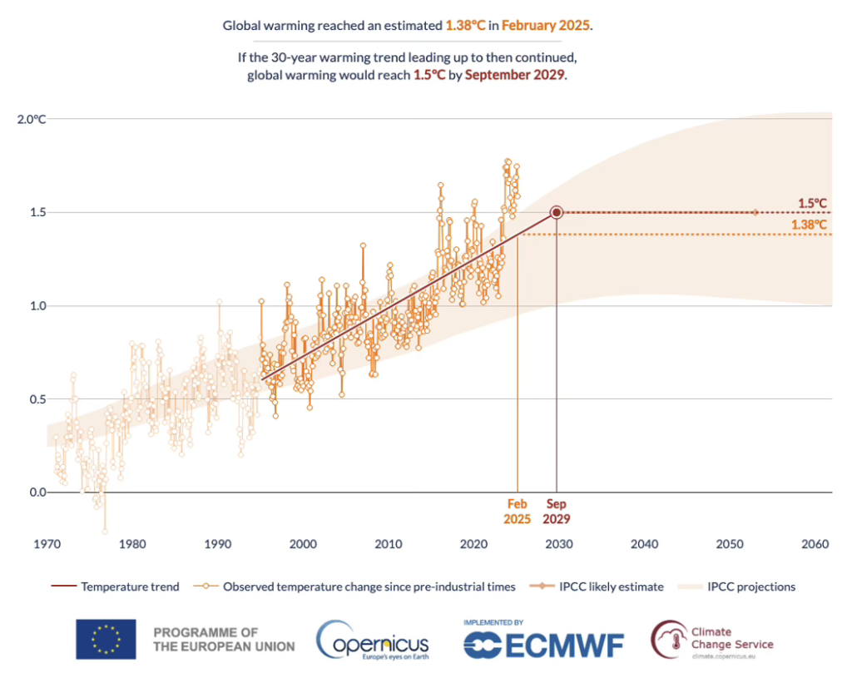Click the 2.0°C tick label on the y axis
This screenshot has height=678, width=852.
point(31,119)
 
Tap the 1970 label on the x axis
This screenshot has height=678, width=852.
point(47,545)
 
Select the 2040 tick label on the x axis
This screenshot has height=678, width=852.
point(644,545)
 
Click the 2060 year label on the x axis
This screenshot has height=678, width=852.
point(815,545)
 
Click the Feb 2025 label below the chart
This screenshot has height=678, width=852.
point(518,511)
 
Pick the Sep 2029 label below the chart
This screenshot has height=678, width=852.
point(557,511)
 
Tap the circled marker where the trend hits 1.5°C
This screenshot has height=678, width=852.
point(557,212)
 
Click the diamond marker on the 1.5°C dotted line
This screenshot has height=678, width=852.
point(755,212)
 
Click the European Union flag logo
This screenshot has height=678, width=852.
point(106,639)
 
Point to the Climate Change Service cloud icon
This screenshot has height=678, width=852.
point(670,637)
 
